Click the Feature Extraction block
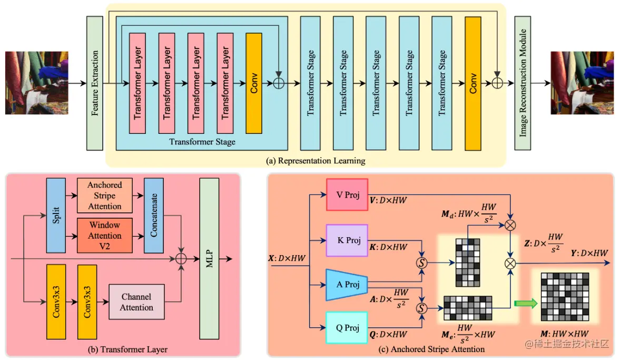point(94,83)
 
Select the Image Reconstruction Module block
point(523,83)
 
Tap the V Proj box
point(347,194)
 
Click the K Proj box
point(347,240)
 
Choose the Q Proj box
point(347,327)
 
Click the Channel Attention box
point(136,302)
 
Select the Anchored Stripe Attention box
point(105,196)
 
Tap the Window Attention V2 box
point(105,236)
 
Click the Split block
point(56,215)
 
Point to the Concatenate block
point(154,215)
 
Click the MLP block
point(209,259)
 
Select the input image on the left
point(37,83)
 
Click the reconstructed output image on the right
point(582,83)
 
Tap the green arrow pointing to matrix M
point(526,304)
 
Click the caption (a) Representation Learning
point(316,161)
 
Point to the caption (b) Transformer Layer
point(127,349)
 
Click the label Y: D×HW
point(589,253)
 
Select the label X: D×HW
point(287,258)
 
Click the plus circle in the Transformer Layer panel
point(181,259)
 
